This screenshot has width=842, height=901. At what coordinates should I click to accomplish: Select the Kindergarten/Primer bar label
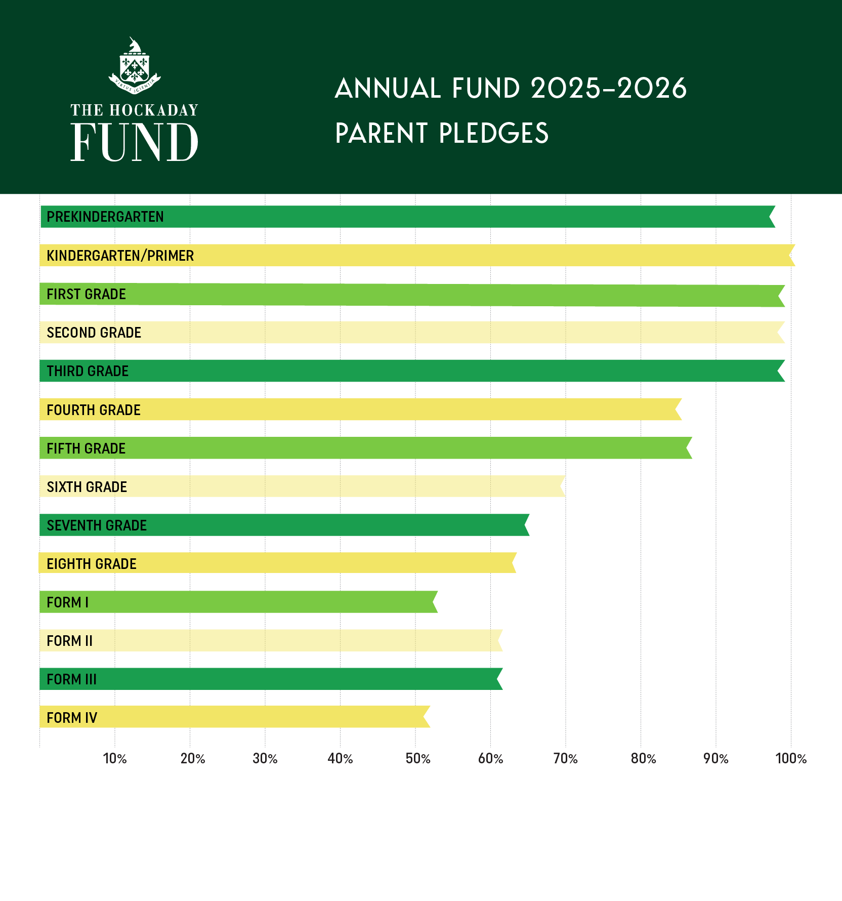coord(120,256)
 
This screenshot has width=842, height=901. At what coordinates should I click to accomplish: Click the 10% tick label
coord(115,759)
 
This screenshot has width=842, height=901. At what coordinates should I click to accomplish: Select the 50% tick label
coord(418,759)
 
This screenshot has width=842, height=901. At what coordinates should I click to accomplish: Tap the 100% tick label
coord(791,759)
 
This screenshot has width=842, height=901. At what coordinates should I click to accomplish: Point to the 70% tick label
coord(565,759)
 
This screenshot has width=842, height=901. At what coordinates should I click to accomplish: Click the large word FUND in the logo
coord(134,142)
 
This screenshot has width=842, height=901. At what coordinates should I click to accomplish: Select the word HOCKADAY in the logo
coord(154,110)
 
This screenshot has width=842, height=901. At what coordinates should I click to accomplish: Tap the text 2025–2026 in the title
coord(609,89)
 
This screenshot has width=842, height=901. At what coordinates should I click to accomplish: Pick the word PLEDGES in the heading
coord(494,134)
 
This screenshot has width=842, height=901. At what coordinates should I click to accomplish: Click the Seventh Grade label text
coord(97,525)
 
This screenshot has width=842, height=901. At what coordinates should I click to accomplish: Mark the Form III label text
coord(71,679)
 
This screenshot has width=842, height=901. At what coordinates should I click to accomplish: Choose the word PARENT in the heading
coord(382,134)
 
